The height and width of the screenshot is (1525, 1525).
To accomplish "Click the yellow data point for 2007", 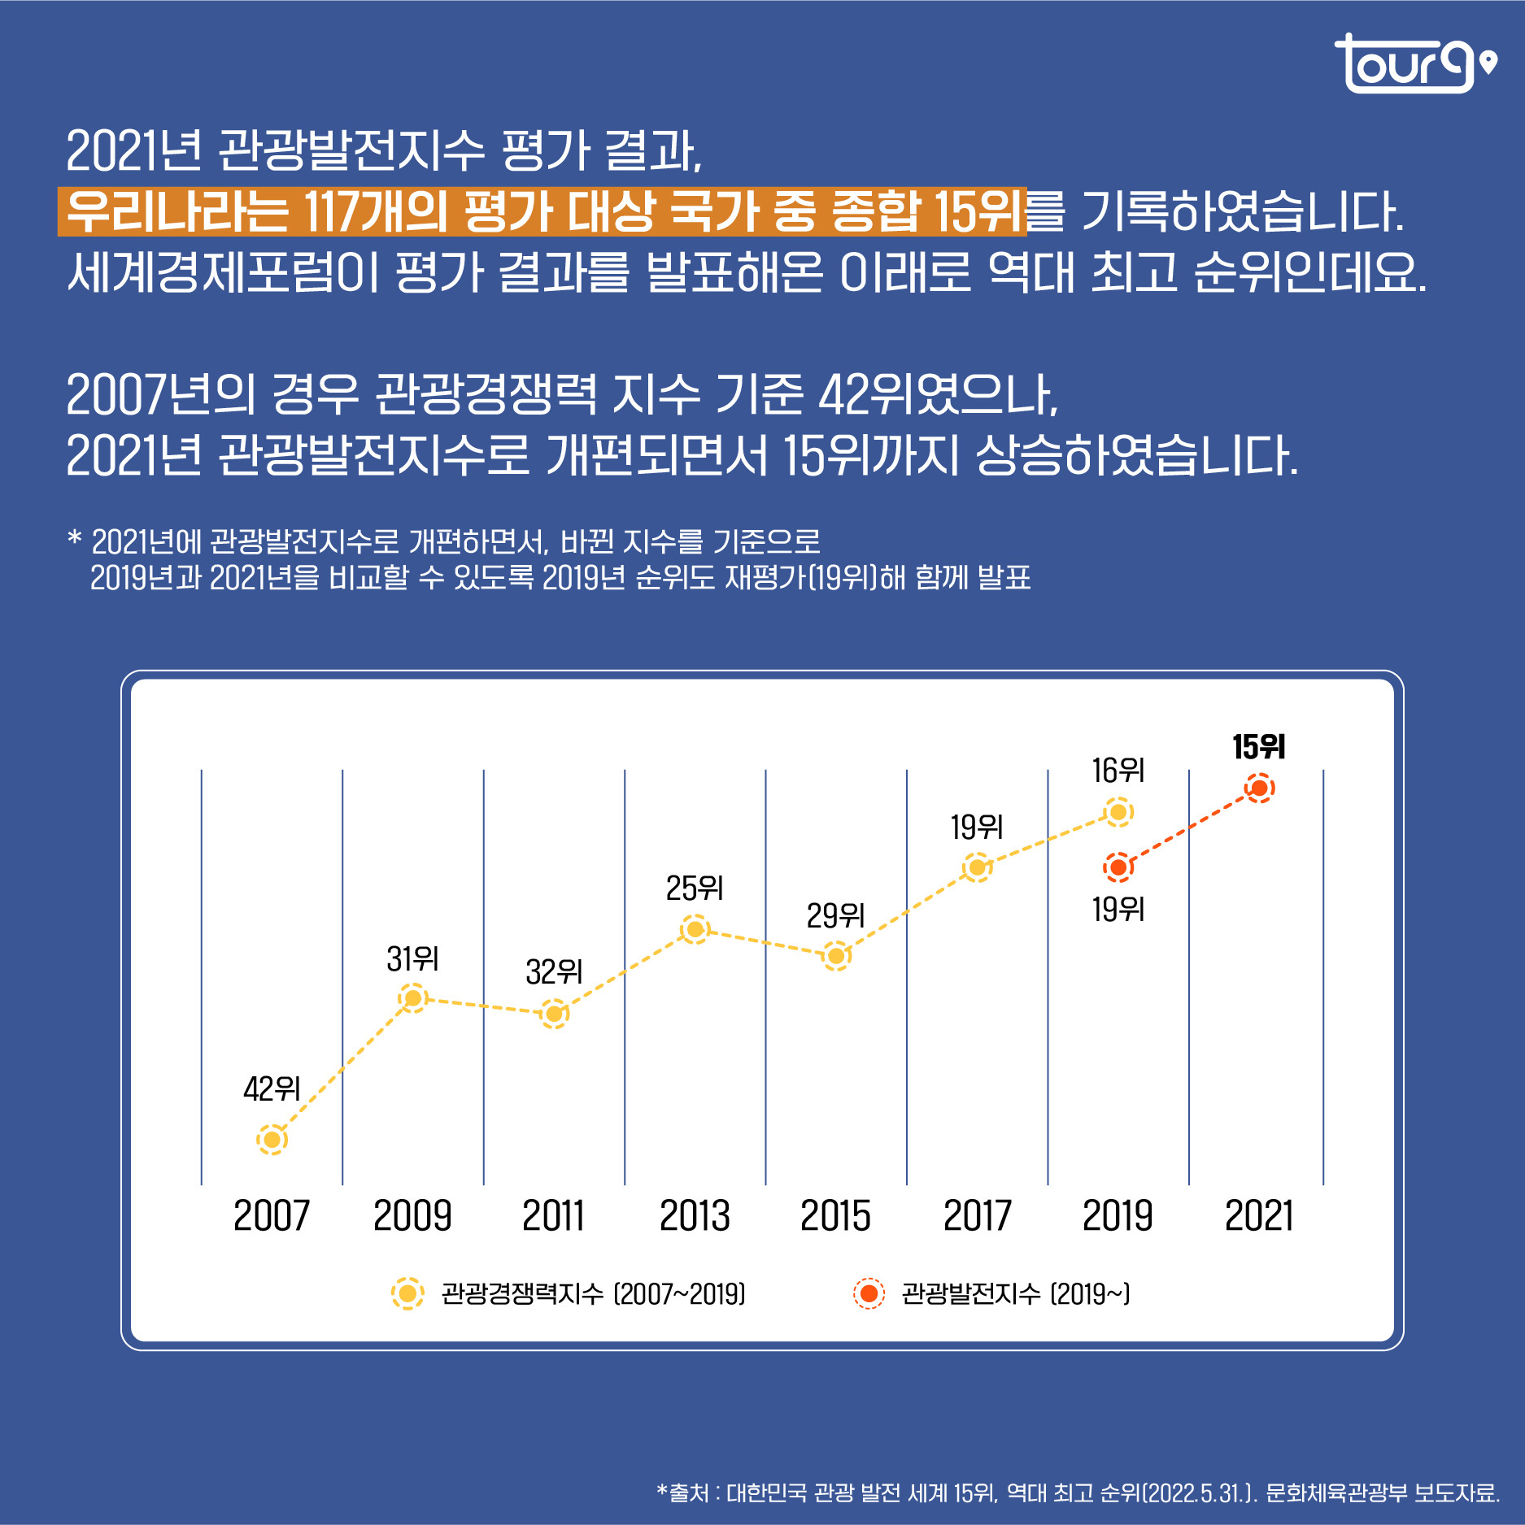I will coord(272,1139).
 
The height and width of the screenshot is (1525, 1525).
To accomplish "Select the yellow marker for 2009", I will coord(412,997).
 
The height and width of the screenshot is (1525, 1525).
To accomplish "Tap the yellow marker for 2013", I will coord(695,929).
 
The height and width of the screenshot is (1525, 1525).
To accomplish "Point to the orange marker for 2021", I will coord(1259,788).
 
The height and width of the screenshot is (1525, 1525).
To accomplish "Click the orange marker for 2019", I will coord(1118,867).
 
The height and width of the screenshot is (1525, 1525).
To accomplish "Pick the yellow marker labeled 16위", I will coord(1118,812).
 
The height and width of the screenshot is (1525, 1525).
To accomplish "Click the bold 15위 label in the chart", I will coord(1258,747).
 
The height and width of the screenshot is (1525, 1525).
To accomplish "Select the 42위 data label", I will coord(272,1088).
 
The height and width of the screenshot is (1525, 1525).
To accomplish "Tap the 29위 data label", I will coord(835,916).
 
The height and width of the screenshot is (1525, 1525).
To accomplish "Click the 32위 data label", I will coord(554,971).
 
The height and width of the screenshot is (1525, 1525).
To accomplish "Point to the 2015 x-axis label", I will coord(835,1216).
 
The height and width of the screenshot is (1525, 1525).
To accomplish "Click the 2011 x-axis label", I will coord(553,1216).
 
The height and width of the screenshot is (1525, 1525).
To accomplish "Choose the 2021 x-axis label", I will coord(1258,1216).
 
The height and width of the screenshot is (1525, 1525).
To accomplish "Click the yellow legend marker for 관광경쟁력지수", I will coord(407,1293).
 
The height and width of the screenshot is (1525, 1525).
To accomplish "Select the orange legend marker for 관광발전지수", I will coord(869,1293).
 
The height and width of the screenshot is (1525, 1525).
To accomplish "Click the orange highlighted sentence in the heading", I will coord(542,211).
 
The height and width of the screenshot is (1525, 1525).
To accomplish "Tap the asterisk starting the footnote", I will coord(75,539).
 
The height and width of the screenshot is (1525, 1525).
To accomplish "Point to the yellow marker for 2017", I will coord(977,867).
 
